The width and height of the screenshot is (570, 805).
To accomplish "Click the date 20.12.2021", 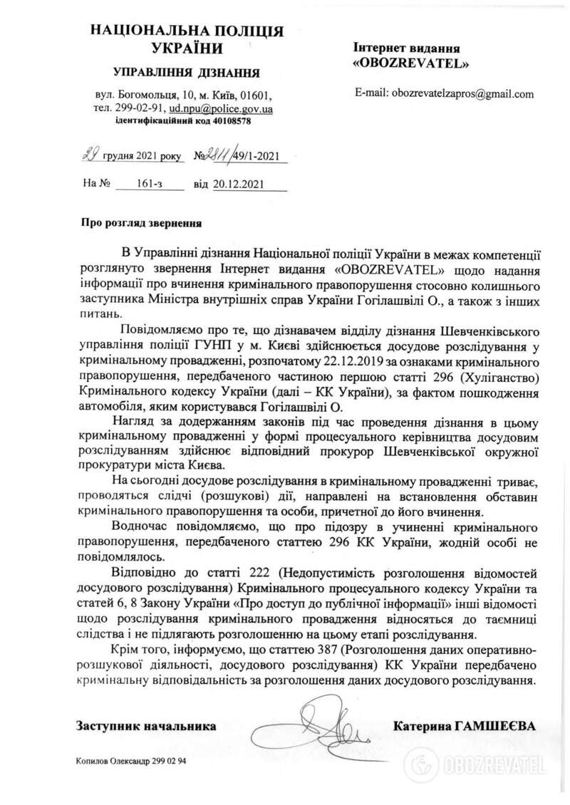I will (240, 183).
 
